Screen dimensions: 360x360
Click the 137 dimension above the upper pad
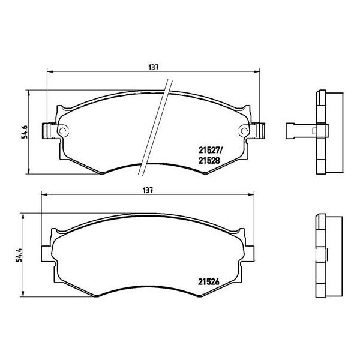(x=154, y=67)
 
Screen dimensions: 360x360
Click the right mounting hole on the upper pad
(x=244, y=131)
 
